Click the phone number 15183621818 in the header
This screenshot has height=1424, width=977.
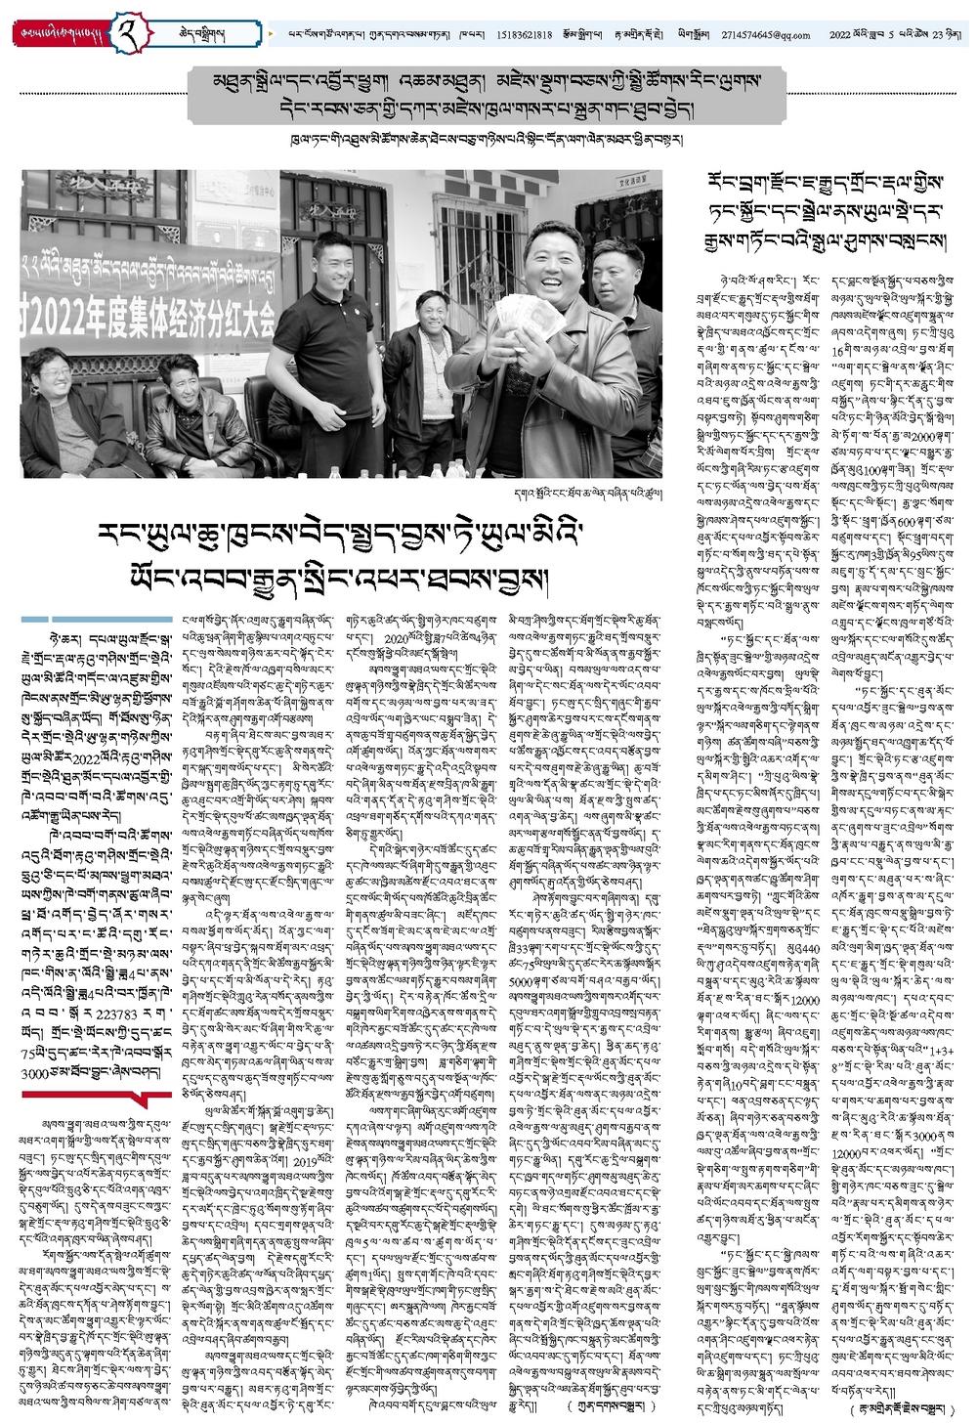pos(523,35)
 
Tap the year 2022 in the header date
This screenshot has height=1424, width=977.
pos(840,35)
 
